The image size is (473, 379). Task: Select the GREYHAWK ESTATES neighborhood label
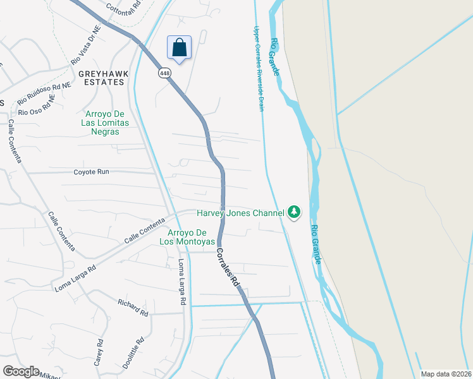point(101,78)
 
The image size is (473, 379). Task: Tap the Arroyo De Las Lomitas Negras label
point(102,123)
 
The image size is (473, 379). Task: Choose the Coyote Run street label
point(91,172)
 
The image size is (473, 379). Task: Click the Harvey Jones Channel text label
point(240,213)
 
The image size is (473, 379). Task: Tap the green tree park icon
point(293,212)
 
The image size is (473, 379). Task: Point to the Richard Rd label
point(133,308)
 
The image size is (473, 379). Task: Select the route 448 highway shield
point(164,73)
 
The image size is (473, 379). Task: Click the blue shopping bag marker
point(180,47)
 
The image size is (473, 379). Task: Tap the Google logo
point(21,371)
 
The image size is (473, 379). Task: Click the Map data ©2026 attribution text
point(446,374)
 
